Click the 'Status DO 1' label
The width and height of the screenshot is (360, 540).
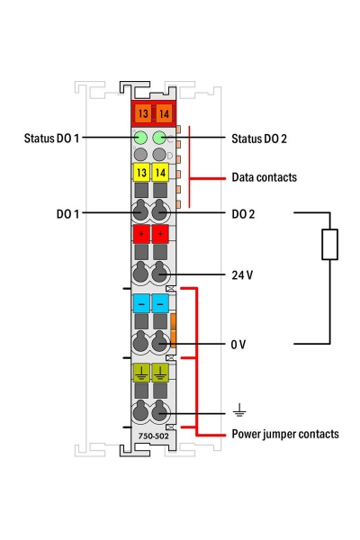pyautogui.click(x=53, y=138)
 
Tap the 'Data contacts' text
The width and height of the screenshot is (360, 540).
pyautogui.click(x=264, y=177)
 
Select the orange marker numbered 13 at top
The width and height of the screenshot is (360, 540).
pyautogui.click(x=142, y=114)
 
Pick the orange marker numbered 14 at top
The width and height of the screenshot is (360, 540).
pyautogui.click(x=163, y=114)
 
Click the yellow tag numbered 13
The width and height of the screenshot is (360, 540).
pyautogui.click(x=142, y=173)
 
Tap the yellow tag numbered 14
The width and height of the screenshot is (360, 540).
pyautogui.click(x=162, y=173)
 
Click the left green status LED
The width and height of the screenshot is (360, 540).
pyautogui.click(x=140, y=138)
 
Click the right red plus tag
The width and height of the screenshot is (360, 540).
pyautogui.click(x=162, y=236)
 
